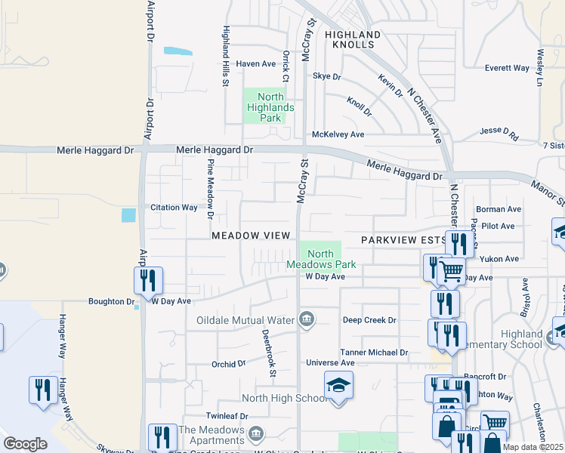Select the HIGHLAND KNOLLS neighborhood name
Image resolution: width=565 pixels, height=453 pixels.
[x=353, y=39]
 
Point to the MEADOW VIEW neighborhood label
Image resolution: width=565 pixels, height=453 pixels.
[x=251, y=236]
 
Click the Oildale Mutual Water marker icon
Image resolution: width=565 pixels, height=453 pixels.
[x=307, y=319]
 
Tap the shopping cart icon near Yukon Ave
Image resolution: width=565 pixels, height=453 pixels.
[x=451, y=270]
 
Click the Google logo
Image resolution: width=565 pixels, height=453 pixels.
[x=25, y=444]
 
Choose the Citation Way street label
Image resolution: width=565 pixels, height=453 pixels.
[x=174, y=207]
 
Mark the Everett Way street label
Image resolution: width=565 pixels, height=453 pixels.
[x=507, y=68]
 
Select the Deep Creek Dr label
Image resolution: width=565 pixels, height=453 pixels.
[x=369, y=320]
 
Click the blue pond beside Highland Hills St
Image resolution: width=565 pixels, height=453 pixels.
[x=178, y=51]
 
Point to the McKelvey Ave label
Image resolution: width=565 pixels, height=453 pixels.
[x=338, y=134]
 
